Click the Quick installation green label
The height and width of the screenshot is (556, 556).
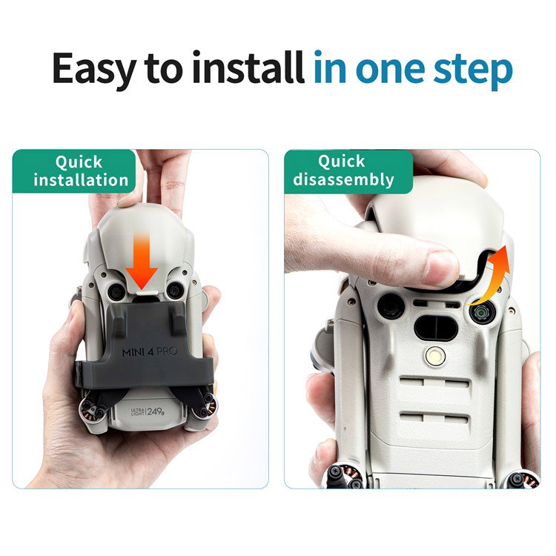74,171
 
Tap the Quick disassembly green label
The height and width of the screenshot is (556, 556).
348,171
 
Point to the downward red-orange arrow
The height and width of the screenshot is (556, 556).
141,262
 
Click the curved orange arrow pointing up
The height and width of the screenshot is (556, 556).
491,277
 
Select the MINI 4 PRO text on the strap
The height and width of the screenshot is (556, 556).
149,351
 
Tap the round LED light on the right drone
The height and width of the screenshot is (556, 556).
435,356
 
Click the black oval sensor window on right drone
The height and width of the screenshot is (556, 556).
436,327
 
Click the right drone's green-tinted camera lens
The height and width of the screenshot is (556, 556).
483,313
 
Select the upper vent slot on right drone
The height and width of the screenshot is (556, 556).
434,384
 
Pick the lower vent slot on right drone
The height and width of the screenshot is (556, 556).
434,418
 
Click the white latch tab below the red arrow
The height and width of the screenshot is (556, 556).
147,293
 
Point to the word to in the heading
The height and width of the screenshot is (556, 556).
165,70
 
